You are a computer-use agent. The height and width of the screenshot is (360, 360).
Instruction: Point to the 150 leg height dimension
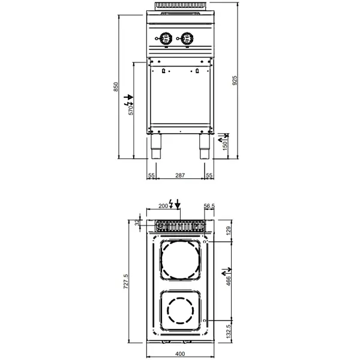[x=226, y=145]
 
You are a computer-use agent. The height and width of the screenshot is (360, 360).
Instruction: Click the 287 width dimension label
[x=180, y=175]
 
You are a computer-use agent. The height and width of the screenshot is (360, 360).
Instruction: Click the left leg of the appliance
[x=156, y=146]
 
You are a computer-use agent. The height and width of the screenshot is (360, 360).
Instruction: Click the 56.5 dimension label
[x=209, y=206]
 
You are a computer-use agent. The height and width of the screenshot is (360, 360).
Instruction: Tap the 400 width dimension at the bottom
[x=180, y=353]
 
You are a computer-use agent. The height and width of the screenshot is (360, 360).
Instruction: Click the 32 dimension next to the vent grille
[x=137, y=222]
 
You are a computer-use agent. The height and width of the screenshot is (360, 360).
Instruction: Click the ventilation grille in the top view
[x=180, y=226]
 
